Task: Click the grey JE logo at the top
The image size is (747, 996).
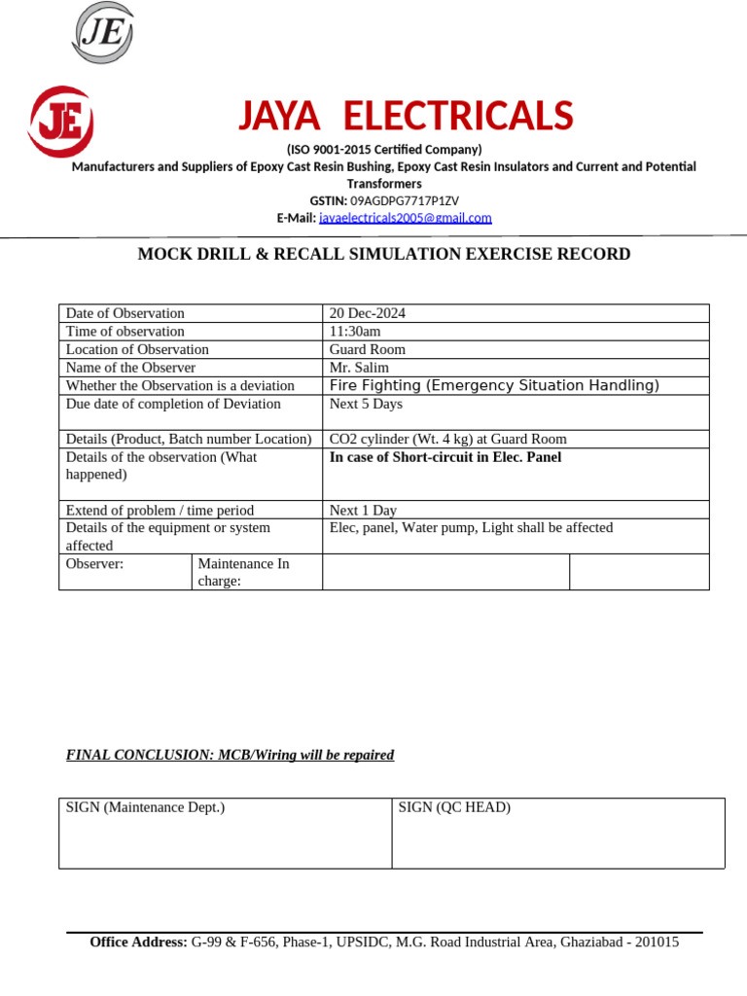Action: coord(102,33)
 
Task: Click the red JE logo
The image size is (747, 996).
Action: coord(60,122)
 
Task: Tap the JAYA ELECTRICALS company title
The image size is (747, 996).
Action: coord(406,117)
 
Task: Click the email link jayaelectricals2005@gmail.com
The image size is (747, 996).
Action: coord(405,218)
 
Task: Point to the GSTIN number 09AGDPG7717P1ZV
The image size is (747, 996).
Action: coord(404,200)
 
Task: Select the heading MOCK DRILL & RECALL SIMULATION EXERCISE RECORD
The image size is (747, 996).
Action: coord(383,255)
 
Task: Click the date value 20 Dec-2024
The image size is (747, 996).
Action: coord(368,313)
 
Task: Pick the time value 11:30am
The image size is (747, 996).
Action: coord(355,332)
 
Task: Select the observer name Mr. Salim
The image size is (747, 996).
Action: coord(359,368)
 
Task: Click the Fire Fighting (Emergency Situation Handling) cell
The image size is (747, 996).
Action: coord(494,386)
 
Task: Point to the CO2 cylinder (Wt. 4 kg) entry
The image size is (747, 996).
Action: coord(447,440)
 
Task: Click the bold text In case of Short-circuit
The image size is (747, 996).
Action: coord(445,457)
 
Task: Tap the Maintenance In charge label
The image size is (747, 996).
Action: coord(243,572)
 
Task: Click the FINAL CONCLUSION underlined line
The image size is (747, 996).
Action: coord(230,756)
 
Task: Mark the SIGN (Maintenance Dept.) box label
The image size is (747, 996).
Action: coord(145,807)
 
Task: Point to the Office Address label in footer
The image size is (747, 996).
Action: coord(138,943)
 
